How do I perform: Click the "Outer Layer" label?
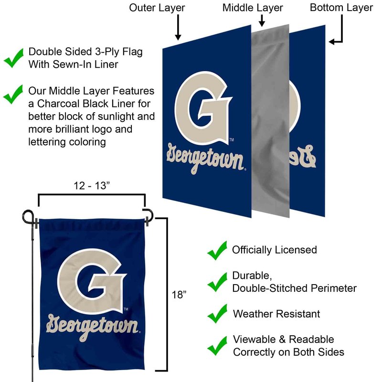[157, 8]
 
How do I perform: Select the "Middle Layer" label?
[253, 8]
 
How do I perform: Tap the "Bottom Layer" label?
[341, 8]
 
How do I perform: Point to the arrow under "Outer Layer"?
[178, 27]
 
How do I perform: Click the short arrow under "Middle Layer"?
[262, 21]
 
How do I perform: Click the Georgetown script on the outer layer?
[205, 159]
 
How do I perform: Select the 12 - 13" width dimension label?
[92, 186]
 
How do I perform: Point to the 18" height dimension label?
[179, 295]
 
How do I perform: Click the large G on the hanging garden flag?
[92, 281]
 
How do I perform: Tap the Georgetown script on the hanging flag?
[92, 327]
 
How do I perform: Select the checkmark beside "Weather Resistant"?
[217, 314]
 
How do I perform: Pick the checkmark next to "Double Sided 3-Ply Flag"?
[14, 58]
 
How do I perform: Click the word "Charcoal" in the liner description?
[58, 104]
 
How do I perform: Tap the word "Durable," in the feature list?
[252, 276]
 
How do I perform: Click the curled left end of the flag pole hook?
[27, 216]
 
